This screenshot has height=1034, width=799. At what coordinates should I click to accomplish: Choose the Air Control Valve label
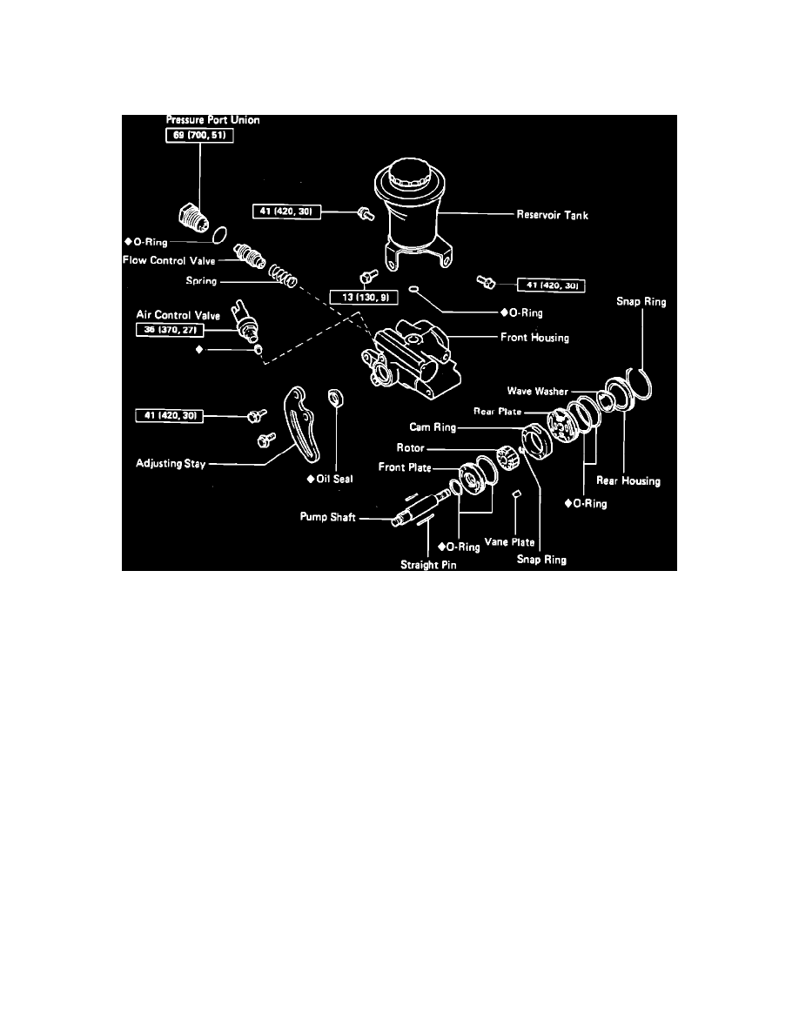coord(178,316)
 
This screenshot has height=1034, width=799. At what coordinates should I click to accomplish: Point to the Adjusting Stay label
coord(171,464)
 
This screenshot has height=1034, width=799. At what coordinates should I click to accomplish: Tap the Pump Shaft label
coord(321,518)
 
